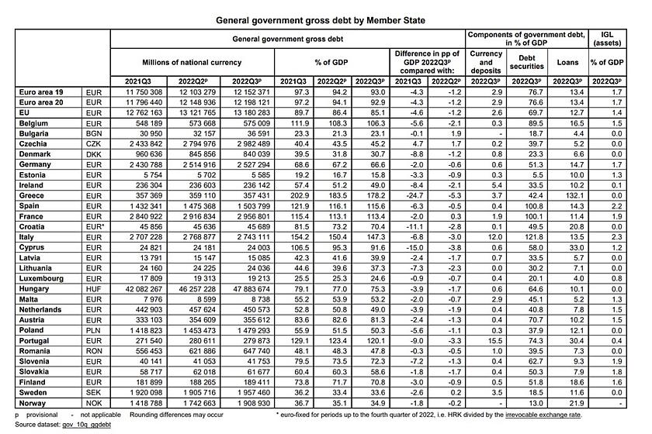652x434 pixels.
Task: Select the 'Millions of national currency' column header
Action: click(x=192, y=61)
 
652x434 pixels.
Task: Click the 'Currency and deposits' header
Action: click(x=487, y=61)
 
